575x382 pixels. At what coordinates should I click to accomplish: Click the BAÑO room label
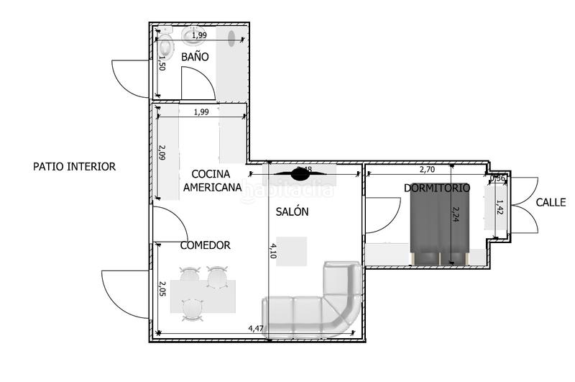(x=195, y=56)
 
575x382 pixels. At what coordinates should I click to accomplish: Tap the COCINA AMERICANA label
(x=212, y=181)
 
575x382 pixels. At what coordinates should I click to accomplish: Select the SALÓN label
(x=292, y=212)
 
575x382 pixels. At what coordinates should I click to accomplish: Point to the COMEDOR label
(x=205, y=245)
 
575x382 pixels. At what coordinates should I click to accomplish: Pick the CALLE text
(x=551, y=203)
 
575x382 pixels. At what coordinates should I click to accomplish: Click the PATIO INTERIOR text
(x=74, y=166)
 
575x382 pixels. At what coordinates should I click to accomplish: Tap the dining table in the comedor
(x=202, y=296)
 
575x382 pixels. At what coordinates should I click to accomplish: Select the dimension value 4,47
(x=256, y=328)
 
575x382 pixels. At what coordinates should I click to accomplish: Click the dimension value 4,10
(x=272, y=250)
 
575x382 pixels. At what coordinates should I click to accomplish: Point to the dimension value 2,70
(x=427, y=170)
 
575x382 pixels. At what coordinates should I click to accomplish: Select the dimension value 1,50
(x=162, y=63)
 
